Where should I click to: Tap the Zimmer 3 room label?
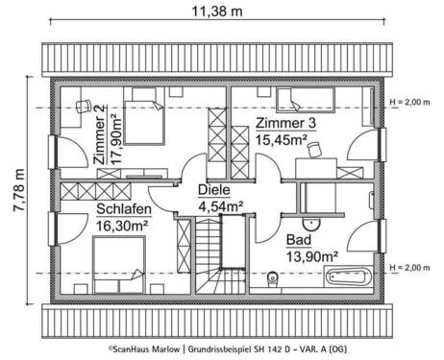coord(287,124)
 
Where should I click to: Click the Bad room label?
coord(299,240)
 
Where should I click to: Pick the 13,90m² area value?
coord(312,256)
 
